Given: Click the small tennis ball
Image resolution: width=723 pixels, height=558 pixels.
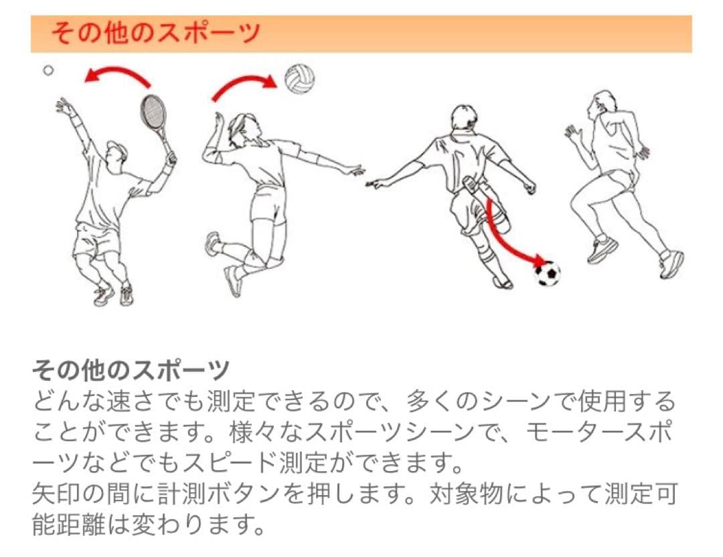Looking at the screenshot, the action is pyautogui.click(x=48, y=70).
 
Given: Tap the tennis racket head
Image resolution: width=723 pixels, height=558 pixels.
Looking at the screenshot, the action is pyautogui.click(x=153, y=112).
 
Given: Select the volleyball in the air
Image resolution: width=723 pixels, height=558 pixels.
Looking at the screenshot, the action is pyautogui.click(x=299, y=79).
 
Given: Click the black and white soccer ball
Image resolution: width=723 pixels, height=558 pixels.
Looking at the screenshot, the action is pyautogui.click(x=548, y=273).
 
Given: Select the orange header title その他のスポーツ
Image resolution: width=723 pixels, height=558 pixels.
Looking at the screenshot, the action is pyautogui.click(x=155, y=33).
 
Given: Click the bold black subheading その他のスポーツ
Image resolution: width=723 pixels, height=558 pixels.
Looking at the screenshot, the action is pyautogui.click(x=131, y=369).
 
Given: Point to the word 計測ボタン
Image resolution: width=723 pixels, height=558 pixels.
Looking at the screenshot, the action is pyautogui.click(x=218, y=494).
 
